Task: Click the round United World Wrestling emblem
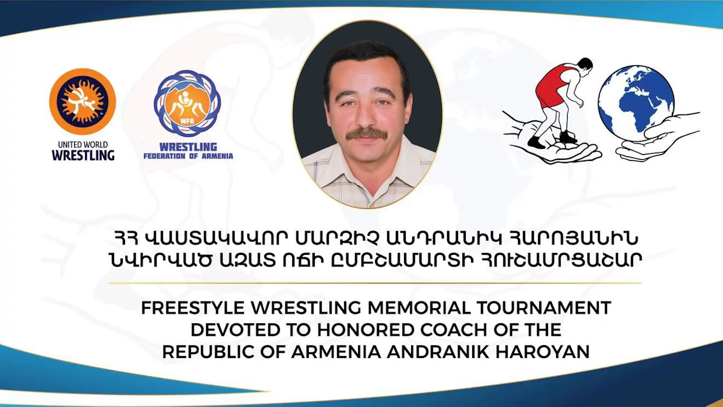coord(82,101)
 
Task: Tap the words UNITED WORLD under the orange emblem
coord(83,145)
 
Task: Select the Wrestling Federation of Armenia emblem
coord(187,103)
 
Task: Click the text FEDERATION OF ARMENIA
coord(188,156)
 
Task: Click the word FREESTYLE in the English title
coord(193,308)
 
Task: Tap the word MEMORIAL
coord(419,308)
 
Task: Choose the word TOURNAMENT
coord(544,308)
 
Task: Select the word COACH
coord(454,330)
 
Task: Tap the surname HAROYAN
coord(543,352)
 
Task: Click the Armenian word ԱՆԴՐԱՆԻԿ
coord(444,238)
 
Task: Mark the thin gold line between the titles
coord(375,283)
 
